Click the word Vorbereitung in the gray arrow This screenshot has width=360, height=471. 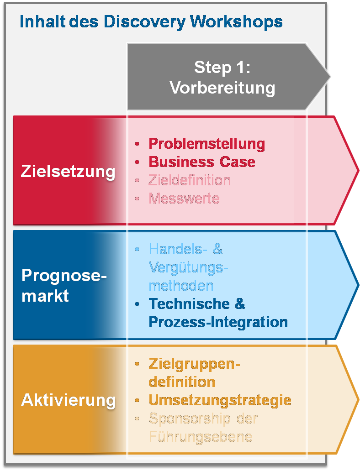[x=222, y=87]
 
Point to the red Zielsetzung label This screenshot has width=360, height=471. [x=68, y=172]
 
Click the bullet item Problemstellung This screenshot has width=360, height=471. [x=206, y=143]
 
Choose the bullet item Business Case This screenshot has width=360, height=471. [x=202, y=162]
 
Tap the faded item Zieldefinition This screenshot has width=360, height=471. [x=189, y=180]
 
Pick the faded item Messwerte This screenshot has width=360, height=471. [x=184, y=198]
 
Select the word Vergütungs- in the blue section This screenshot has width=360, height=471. [x=188, y=267]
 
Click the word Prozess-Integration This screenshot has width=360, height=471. [x=218, y=322]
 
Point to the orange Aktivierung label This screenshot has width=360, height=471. [x=68, y=400]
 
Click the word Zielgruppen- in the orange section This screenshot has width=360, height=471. [x=194, y=364]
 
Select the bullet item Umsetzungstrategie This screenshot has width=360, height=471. [x=220, y=400]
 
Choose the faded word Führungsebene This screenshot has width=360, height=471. [x=201, y=436]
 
